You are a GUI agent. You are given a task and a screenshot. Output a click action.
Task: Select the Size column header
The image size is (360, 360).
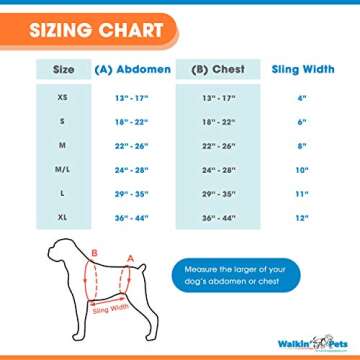63,70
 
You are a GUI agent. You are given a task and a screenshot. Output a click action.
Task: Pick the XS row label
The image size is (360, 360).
62,98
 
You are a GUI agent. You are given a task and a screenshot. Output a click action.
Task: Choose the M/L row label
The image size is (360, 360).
62,169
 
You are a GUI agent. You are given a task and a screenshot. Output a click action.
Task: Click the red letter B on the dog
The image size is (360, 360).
94,254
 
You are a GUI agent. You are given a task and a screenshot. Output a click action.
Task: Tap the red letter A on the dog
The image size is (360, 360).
130,257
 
